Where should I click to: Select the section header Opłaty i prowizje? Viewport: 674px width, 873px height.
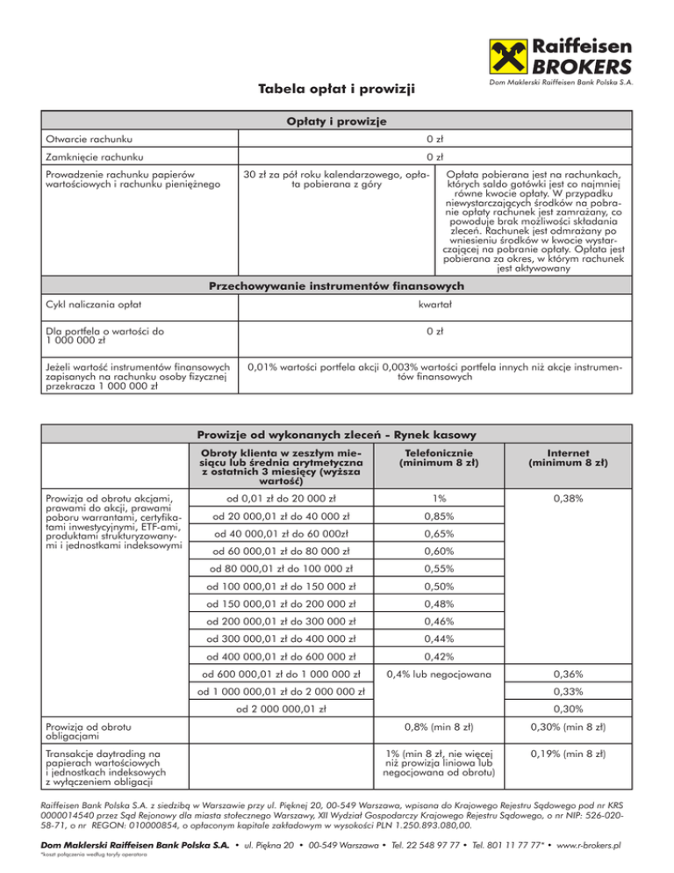pos(337,120)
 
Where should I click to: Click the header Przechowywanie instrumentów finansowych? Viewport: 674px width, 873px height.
pos(337,285)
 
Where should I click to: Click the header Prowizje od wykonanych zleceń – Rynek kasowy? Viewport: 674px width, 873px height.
pos(337,435)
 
